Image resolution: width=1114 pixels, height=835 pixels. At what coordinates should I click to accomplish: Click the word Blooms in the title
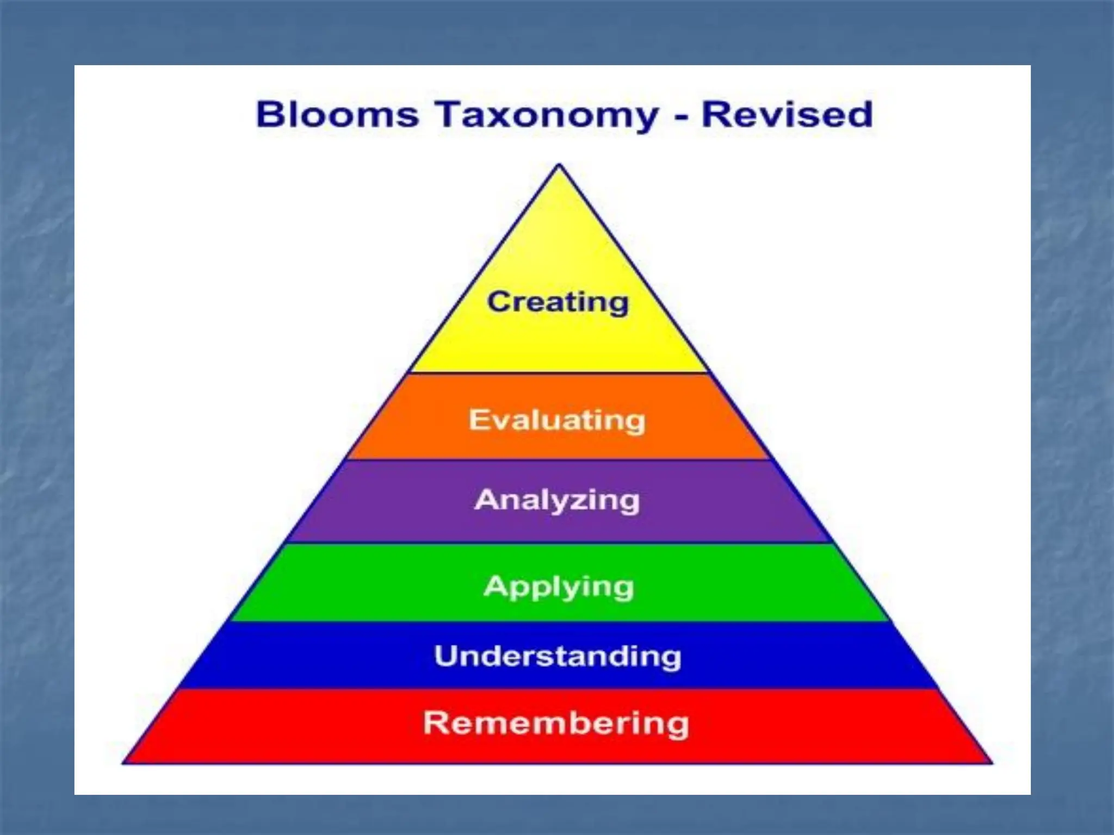pos(337,115)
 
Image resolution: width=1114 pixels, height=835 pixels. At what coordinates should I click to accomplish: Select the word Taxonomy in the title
pos(546,116)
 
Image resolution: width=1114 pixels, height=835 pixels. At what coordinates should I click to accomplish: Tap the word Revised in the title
pos(787,115)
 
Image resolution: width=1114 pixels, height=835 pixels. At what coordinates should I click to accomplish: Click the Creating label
pos(558,302)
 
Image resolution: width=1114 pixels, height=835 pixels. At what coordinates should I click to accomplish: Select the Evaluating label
pos(558,420)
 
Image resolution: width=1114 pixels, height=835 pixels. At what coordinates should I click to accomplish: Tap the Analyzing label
pos(557,500)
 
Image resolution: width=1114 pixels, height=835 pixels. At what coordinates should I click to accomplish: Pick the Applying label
pos(559,587)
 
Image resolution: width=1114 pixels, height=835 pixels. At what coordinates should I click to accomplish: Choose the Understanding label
pos(558,656)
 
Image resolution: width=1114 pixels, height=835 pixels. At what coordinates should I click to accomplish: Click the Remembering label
pos(556,724)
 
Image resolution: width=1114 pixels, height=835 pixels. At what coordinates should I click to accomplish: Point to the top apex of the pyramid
pos(559,165)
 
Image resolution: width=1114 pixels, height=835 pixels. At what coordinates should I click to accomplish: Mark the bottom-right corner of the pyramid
pos(992,763)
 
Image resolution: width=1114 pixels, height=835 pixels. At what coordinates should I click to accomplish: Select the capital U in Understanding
pos(447,656)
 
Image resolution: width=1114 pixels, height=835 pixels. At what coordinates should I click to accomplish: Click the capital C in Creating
pos(498,302)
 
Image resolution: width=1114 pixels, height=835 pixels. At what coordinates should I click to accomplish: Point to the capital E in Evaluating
pos(478,420)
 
